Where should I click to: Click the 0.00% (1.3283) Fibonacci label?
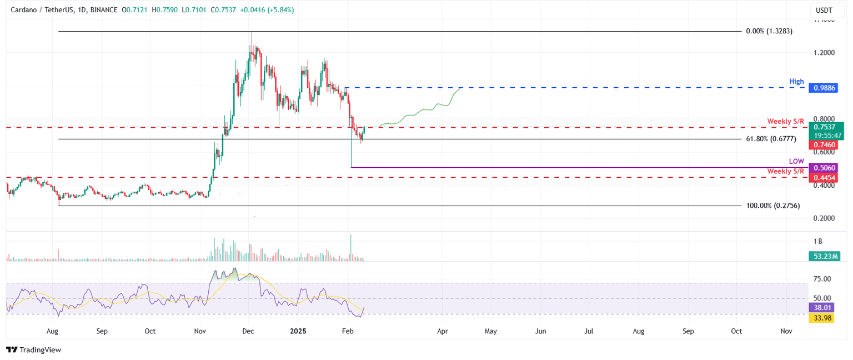(x=769, y=31)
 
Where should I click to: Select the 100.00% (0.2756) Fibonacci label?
(x=772, y=206)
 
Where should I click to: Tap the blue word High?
(x=796, y=81)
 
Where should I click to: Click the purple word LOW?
(x=796, y=161)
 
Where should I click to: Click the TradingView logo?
(x=33, y=349)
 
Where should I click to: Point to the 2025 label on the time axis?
(x=297, y=331)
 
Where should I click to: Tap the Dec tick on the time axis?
(x=248, y=331)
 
